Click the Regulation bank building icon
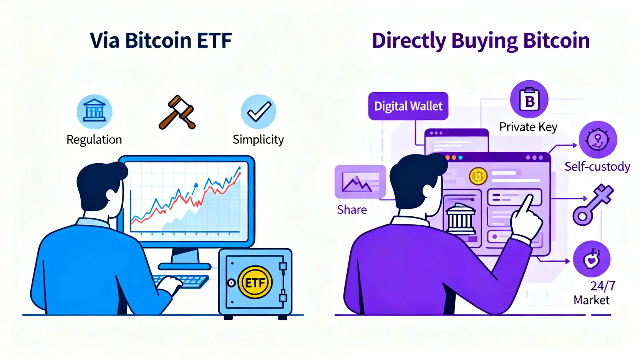coord(94,111)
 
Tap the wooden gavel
coord(177,112)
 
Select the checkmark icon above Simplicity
coord(258,111)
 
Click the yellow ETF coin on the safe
coord(255,282)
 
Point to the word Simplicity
coord(258,140)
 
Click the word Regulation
coord(94,140)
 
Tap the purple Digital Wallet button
coord(408,106)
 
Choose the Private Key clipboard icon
coord(529,99)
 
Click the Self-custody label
coord(597,167)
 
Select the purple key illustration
coord(593,204)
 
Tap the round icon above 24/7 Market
coord(592,259)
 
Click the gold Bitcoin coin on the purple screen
coord(478,176)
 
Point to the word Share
coord(352,210)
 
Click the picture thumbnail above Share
coord(360,182)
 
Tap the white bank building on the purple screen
coord(461,219)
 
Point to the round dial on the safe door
coord(231,283)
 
